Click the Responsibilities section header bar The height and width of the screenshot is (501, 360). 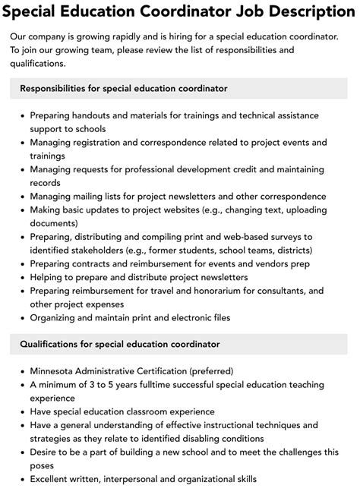coord(180,88)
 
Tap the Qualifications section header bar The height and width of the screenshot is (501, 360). coord(180,344)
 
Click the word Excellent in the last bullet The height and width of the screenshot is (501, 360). coord(54,479)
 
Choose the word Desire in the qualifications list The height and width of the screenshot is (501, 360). coord(46,452)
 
